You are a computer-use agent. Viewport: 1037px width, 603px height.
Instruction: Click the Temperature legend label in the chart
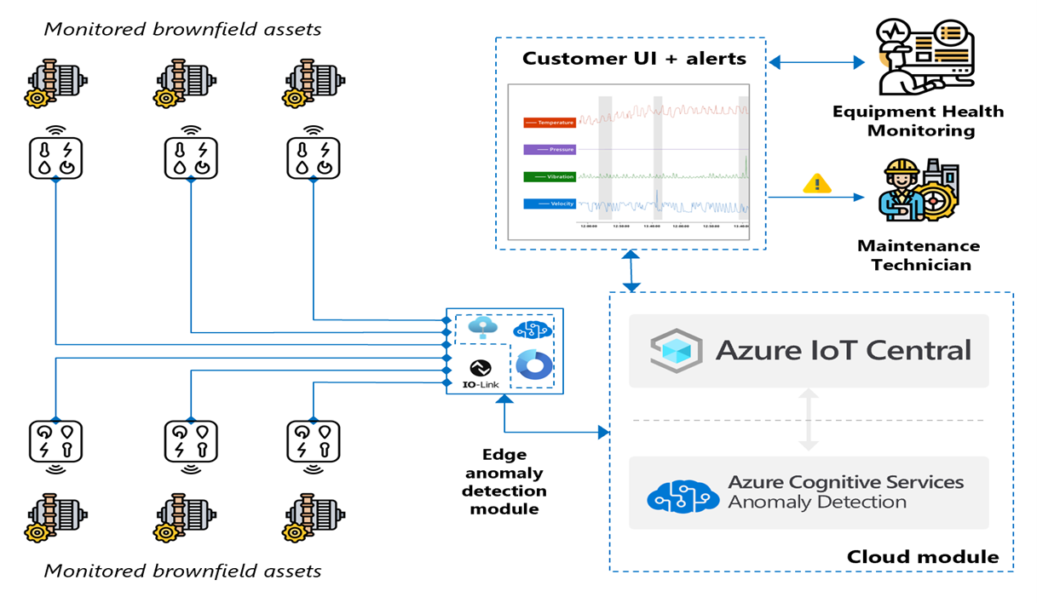click(550, 123)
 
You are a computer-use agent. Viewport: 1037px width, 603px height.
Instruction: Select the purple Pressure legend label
click(550, 149)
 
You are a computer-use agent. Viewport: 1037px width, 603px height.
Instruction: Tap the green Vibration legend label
click(550, 176)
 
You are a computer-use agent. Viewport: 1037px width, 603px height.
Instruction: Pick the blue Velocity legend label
click(550, 204)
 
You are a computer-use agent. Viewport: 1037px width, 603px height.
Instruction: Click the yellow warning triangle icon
click(817, 183)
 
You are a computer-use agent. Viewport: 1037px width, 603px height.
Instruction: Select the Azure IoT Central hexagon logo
click(675, 350)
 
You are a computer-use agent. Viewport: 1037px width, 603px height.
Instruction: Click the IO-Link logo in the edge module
click(479, 373)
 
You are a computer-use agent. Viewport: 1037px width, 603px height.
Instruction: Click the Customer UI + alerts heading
click(633, 59)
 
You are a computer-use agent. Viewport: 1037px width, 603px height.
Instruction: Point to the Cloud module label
click(922, 557)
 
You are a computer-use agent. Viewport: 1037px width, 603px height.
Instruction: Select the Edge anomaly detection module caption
click(504, 481)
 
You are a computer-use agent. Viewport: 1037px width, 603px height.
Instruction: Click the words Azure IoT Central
click(843, 350)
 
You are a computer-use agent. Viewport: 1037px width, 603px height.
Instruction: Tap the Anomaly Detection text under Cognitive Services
click(816, 502)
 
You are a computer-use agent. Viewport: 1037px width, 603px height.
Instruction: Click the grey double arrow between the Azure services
click(808, 420)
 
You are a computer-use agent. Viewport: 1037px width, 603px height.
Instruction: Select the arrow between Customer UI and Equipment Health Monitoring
click(815, 62)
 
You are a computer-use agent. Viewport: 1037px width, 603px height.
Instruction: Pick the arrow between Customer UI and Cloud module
click(631, 272)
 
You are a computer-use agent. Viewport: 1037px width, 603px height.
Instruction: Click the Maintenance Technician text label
click(918, 255)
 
